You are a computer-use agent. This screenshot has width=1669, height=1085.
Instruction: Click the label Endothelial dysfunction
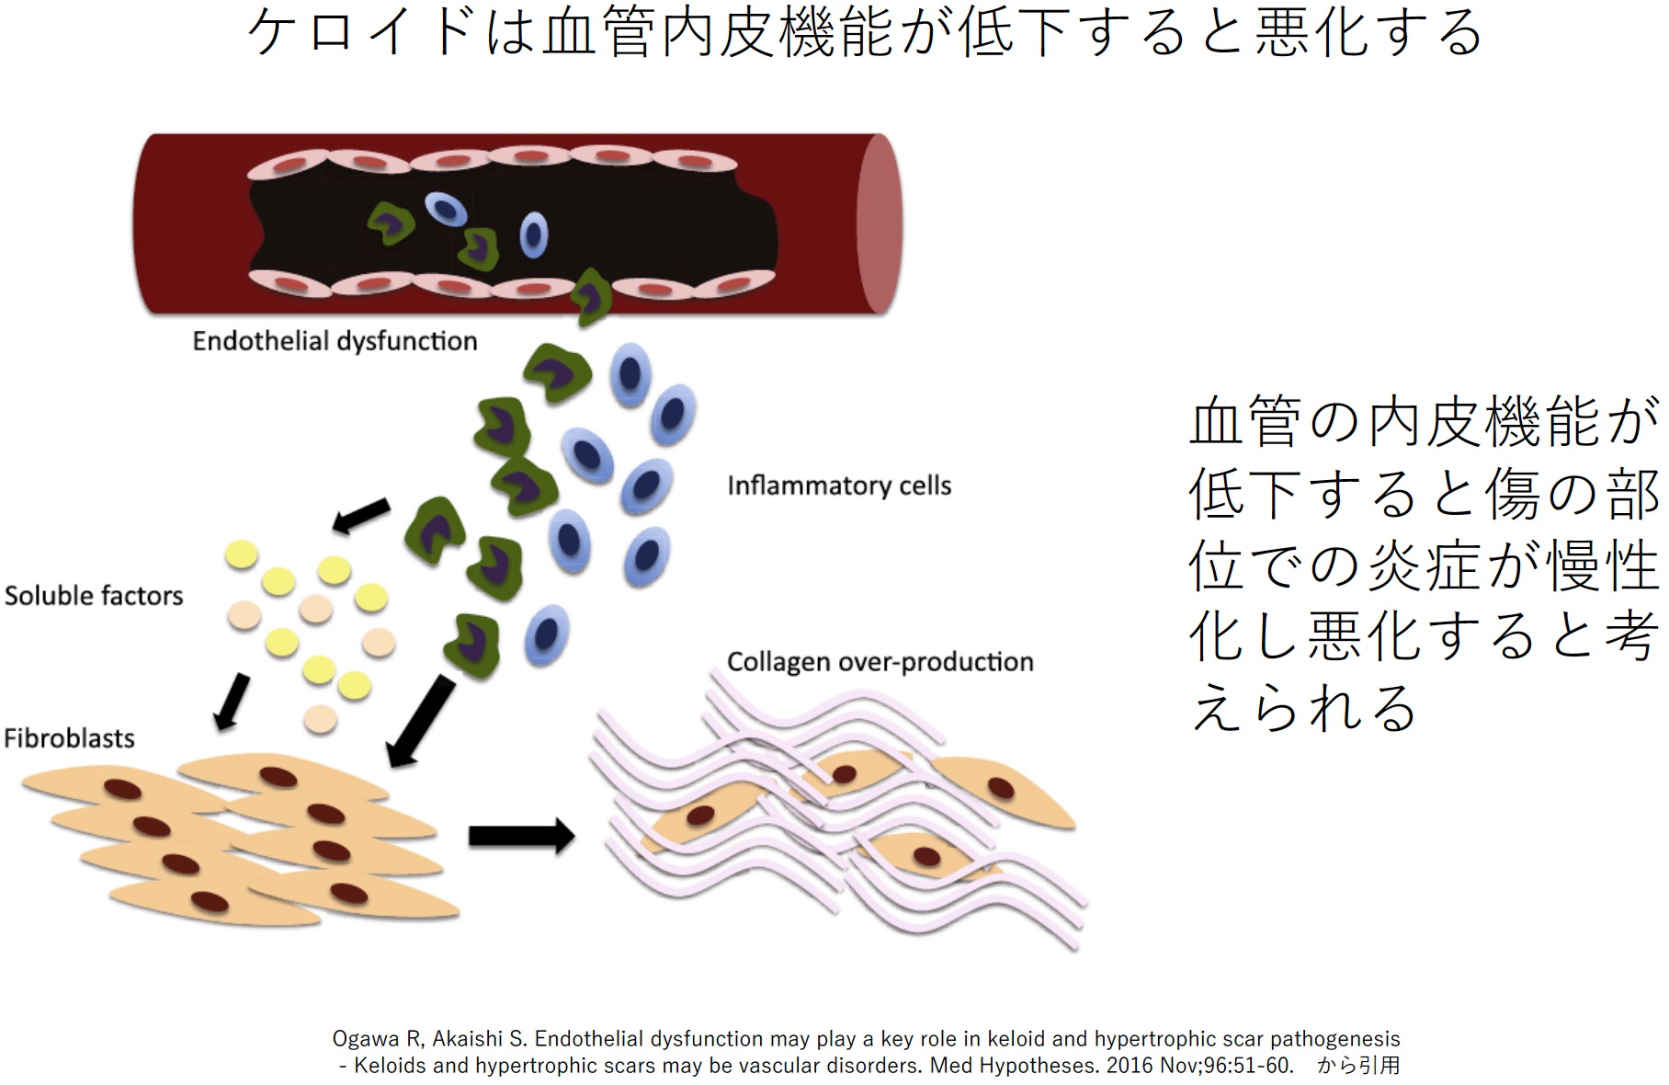[x=335, y=341]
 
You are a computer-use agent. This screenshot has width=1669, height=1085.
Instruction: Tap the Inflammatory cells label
[x=838, y=485]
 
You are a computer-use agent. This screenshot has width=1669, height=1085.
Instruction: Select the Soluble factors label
[x=94, y=596]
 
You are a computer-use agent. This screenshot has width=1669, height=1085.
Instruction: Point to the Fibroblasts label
[x=69, y=738]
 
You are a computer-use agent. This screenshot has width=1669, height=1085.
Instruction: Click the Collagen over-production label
[x=880, y=662]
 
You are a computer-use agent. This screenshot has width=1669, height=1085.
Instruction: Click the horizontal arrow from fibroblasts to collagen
[x=521, y=836]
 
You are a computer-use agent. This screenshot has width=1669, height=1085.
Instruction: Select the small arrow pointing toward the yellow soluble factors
[x=360, y=517]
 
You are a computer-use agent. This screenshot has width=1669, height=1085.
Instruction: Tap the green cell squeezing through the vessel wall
[x=590, y=298]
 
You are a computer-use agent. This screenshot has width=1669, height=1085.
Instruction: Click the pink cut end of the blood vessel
[x=879, y=223]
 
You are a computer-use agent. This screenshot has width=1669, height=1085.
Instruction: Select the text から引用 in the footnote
[x=1358, y=1066]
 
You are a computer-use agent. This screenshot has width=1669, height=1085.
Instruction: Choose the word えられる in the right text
[x=1303, y=708]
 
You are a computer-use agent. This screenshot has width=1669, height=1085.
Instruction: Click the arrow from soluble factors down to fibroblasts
[x=232, y=702]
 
